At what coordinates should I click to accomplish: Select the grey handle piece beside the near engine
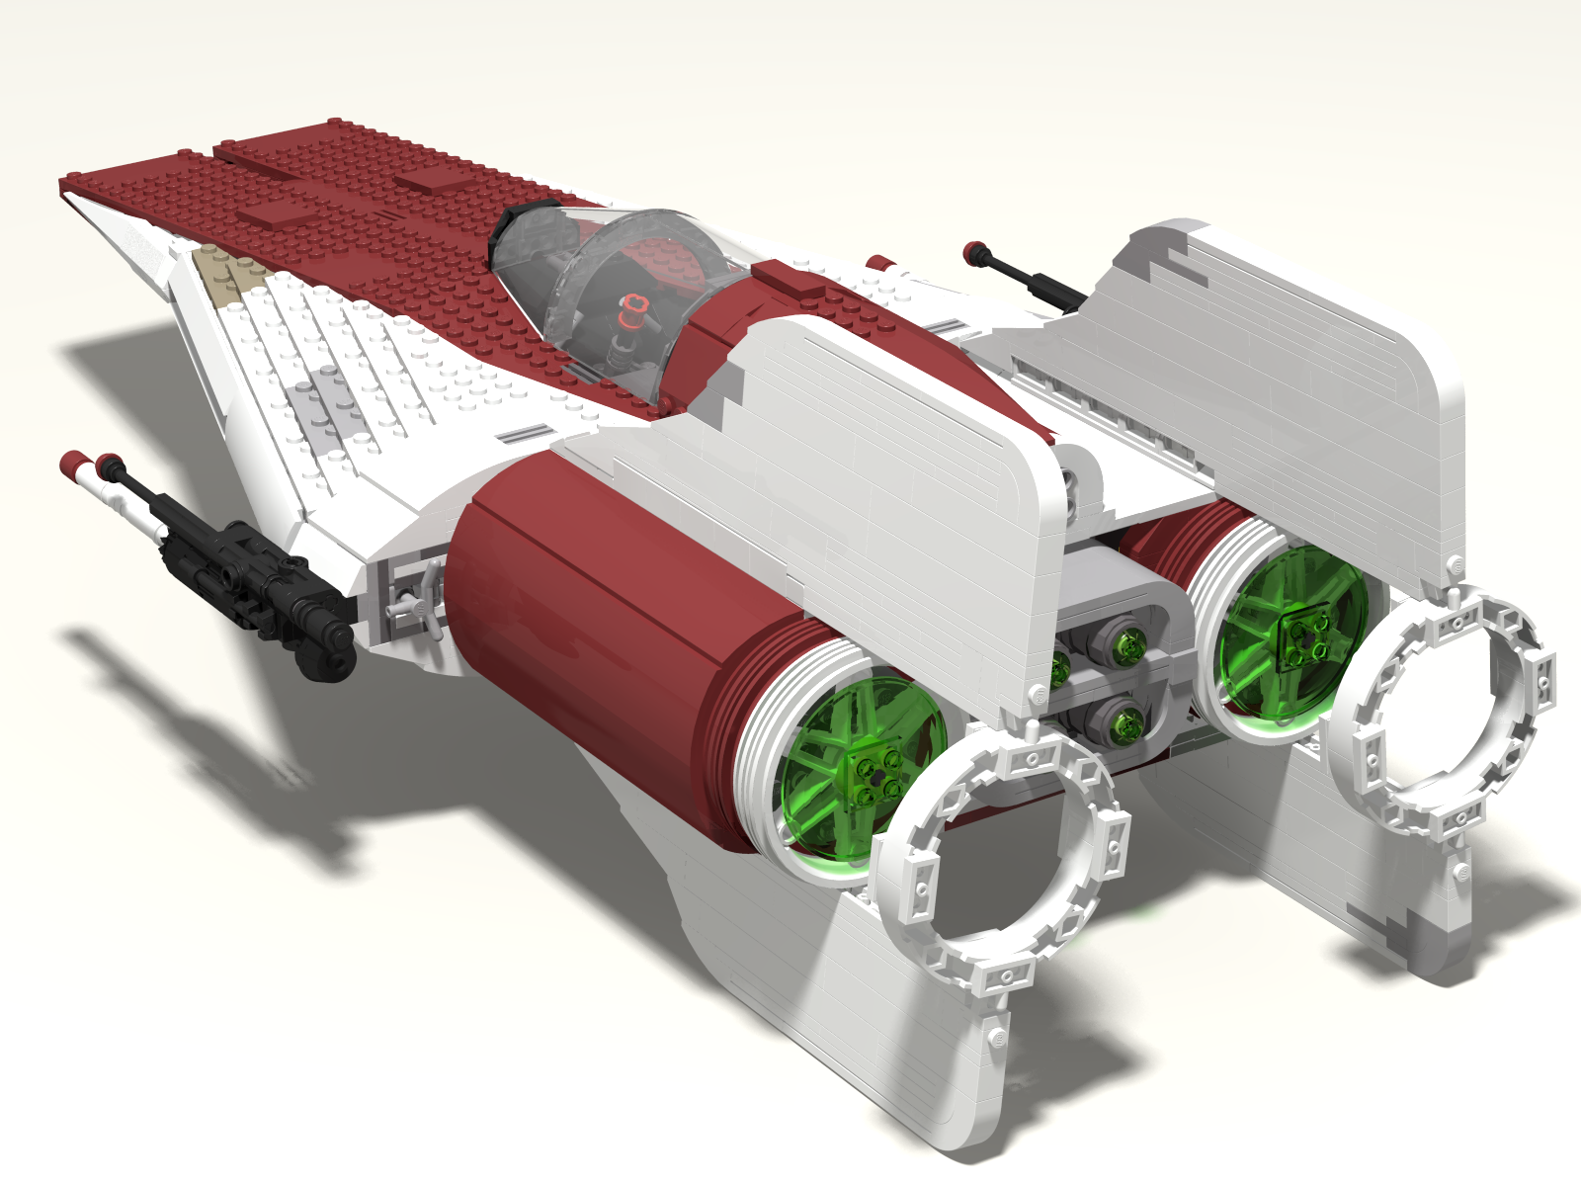coord(415,603)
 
